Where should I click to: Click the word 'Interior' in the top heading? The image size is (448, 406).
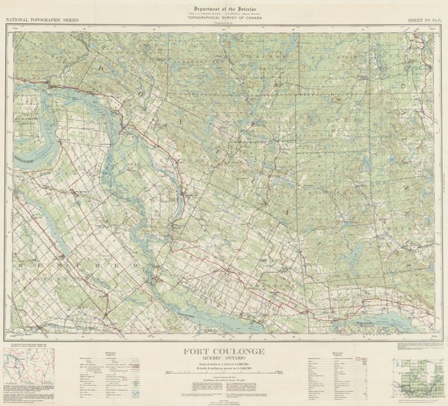pyautogui.click(x=244, y=7)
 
